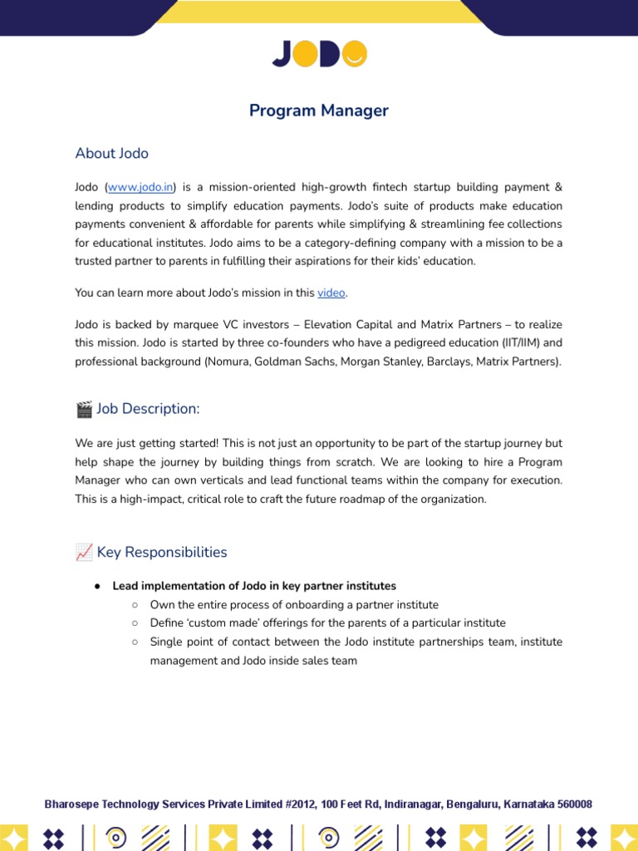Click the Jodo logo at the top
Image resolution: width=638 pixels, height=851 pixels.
pyautogui.click(x=319, y=54)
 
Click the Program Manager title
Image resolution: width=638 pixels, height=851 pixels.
pyautogui.click(x=319, y=111)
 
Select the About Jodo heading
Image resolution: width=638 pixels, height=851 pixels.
pyautogui.click(x=112, y=153)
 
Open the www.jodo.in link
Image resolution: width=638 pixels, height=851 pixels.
pyautogui.click(x=140, y=188)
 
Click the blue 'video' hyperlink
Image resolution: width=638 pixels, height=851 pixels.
pyautogui.click(x=331, y=293)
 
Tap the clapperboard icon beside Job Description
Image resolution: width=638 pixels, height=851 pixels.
pyautogui.click(x=84, y=409)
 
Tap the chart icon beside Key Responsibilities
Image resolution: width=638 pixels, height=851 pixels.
pyautogui.click(x=84, y=552)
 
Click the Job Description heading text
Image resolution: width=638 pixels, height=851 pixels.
pyautogui.click(x=149, y=409)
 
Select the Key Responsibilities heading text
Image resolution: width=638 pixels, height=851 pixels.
pyautogui.click(x=162, y=552)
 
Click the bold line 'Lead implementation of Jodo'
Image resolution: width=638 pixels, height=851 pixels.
pyautogui.click(x=254, y=586)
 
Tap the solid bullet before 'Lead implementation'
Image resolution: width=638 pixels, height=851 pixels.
pyautogui.click(x=97, y=586)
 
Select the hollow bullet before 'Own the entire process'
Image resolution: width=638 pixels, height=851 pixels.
pyautogui.click(x=135, y=605)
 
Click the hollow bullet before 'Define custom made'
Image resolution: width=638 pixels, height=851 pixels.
pyautogui.click(x=135, y=623)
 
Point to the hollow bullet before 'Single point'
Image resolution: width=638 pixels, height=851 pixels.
pyautogui.click(x=135, y=642)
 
